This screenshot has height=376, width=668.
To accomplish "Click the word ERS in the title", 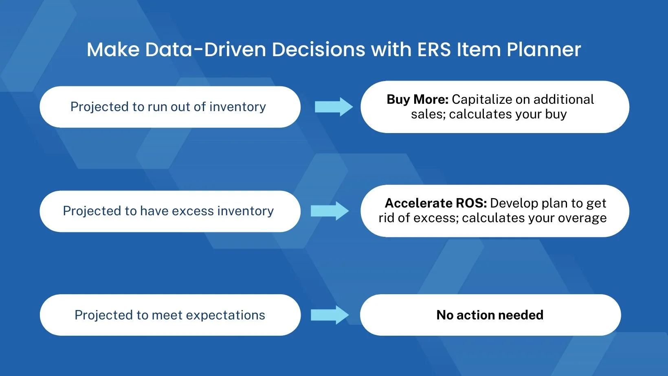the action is tap(434, 49).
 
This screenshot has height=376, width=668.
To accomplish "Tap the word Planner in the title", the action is tap(544, 49).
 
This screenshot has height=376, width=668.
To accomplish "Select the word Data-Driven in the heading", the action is tap(205, 49).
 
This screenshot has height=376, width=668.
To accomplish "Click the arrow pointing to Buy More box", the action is tap(334, 106).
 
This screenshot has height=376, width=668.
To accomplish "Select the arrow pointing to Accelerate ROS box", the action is tap(330, 211).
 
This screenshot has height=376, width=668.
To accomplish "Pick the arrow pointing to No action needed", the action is tap(330, 315).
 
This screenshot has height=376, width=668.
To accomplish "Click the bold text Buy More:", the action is tap(417, 99).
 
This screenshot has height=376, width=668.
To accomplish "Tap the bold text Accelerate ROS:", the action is tap(436, 203).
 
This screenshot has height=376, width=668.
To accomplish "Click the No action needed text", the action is tap(490, 315).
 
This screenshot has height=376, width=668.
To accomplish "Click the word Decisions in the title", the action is tap(318, 49).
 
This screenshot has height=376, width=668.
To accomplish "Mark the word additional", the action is tap(564, 99).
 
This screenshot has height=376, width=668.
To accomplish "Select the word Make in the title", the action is tap(113, 49).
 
